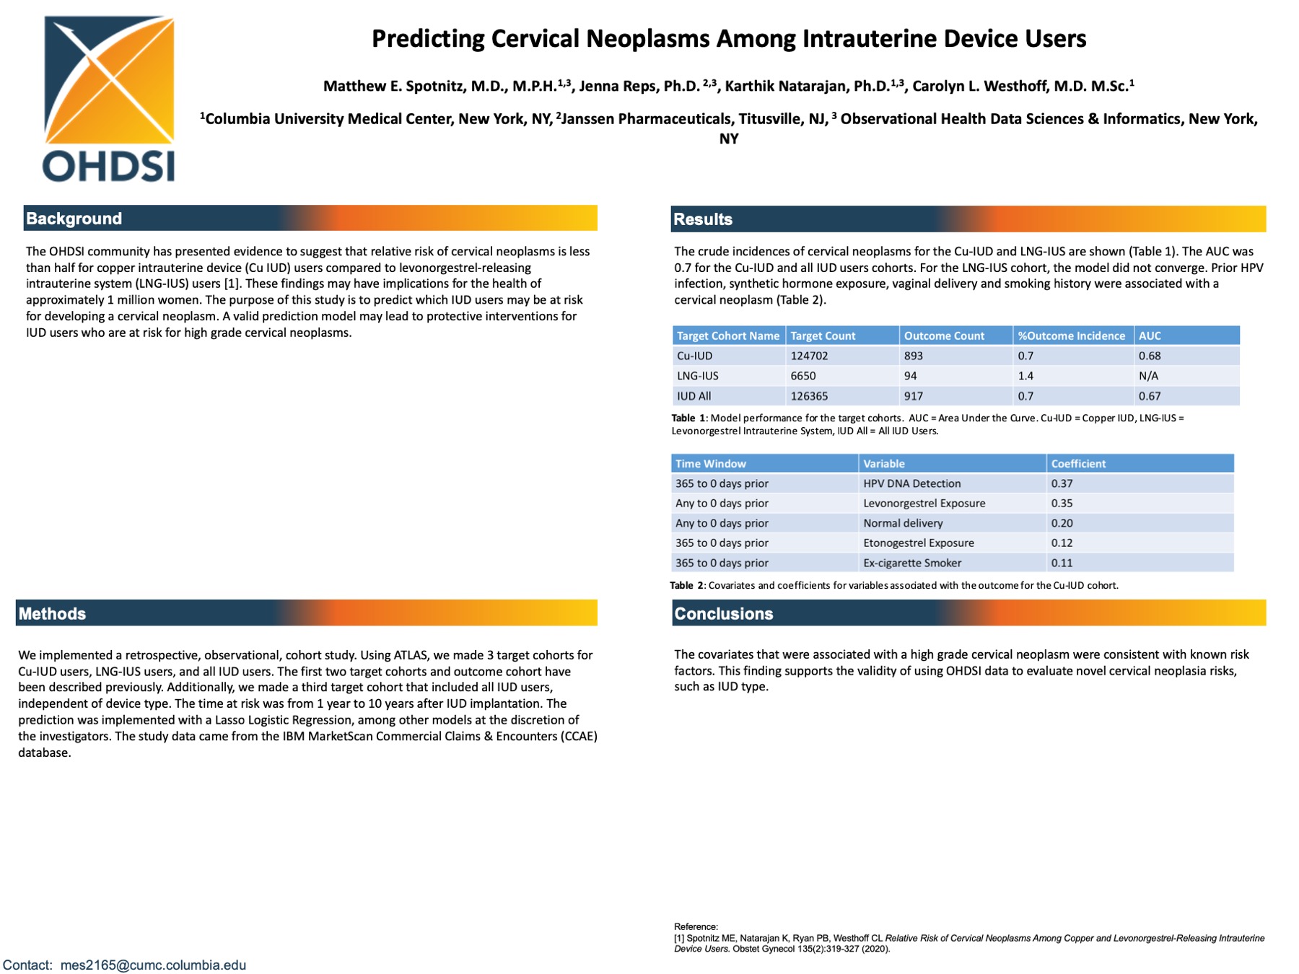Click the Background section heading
[74, 219]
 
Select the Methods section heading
[52, 614]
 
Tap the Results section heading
[702, 219]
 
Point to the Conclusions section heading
[723, 614]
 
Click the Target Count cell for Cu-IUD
[809, 356]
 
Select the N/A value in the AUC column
[1148, 376]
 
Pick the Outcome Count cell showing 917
[913, 396]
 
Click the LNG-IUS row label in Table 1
[697, 376]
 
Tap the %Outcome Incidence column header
[1071, 335]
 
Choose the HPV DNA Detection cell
[911, 483]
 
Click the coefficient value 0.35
[1062, 504]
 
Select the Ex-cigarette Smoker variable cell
[911, 563]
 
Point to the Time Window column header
[710, 464]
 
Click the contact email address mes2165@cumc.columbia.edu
[153, 965]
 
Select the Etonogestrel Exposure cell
[918, 543]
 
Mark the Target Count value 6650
[802, 376]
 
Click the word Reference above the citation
[695, 927]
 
